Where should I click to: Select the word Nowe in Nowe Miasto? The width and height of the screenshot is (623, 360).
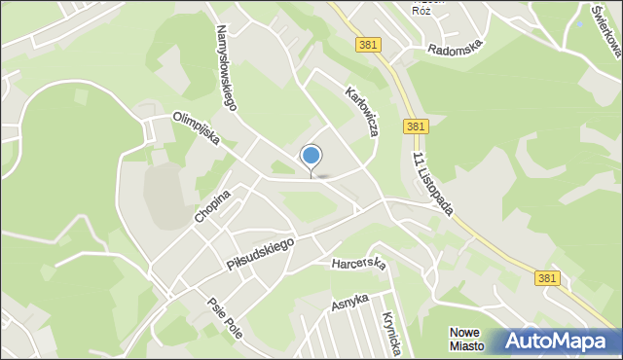click(x=465, y=332)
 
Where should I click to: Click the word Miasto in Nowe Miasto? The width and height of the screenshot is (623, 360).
click(x=466, y=345)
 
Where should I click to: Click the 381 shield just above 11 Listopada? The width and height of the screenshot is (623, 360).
click(x=416, y=126)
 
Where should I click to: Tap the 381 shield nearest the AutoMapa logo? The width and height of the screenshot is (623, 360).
click(x=548, y=278)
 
